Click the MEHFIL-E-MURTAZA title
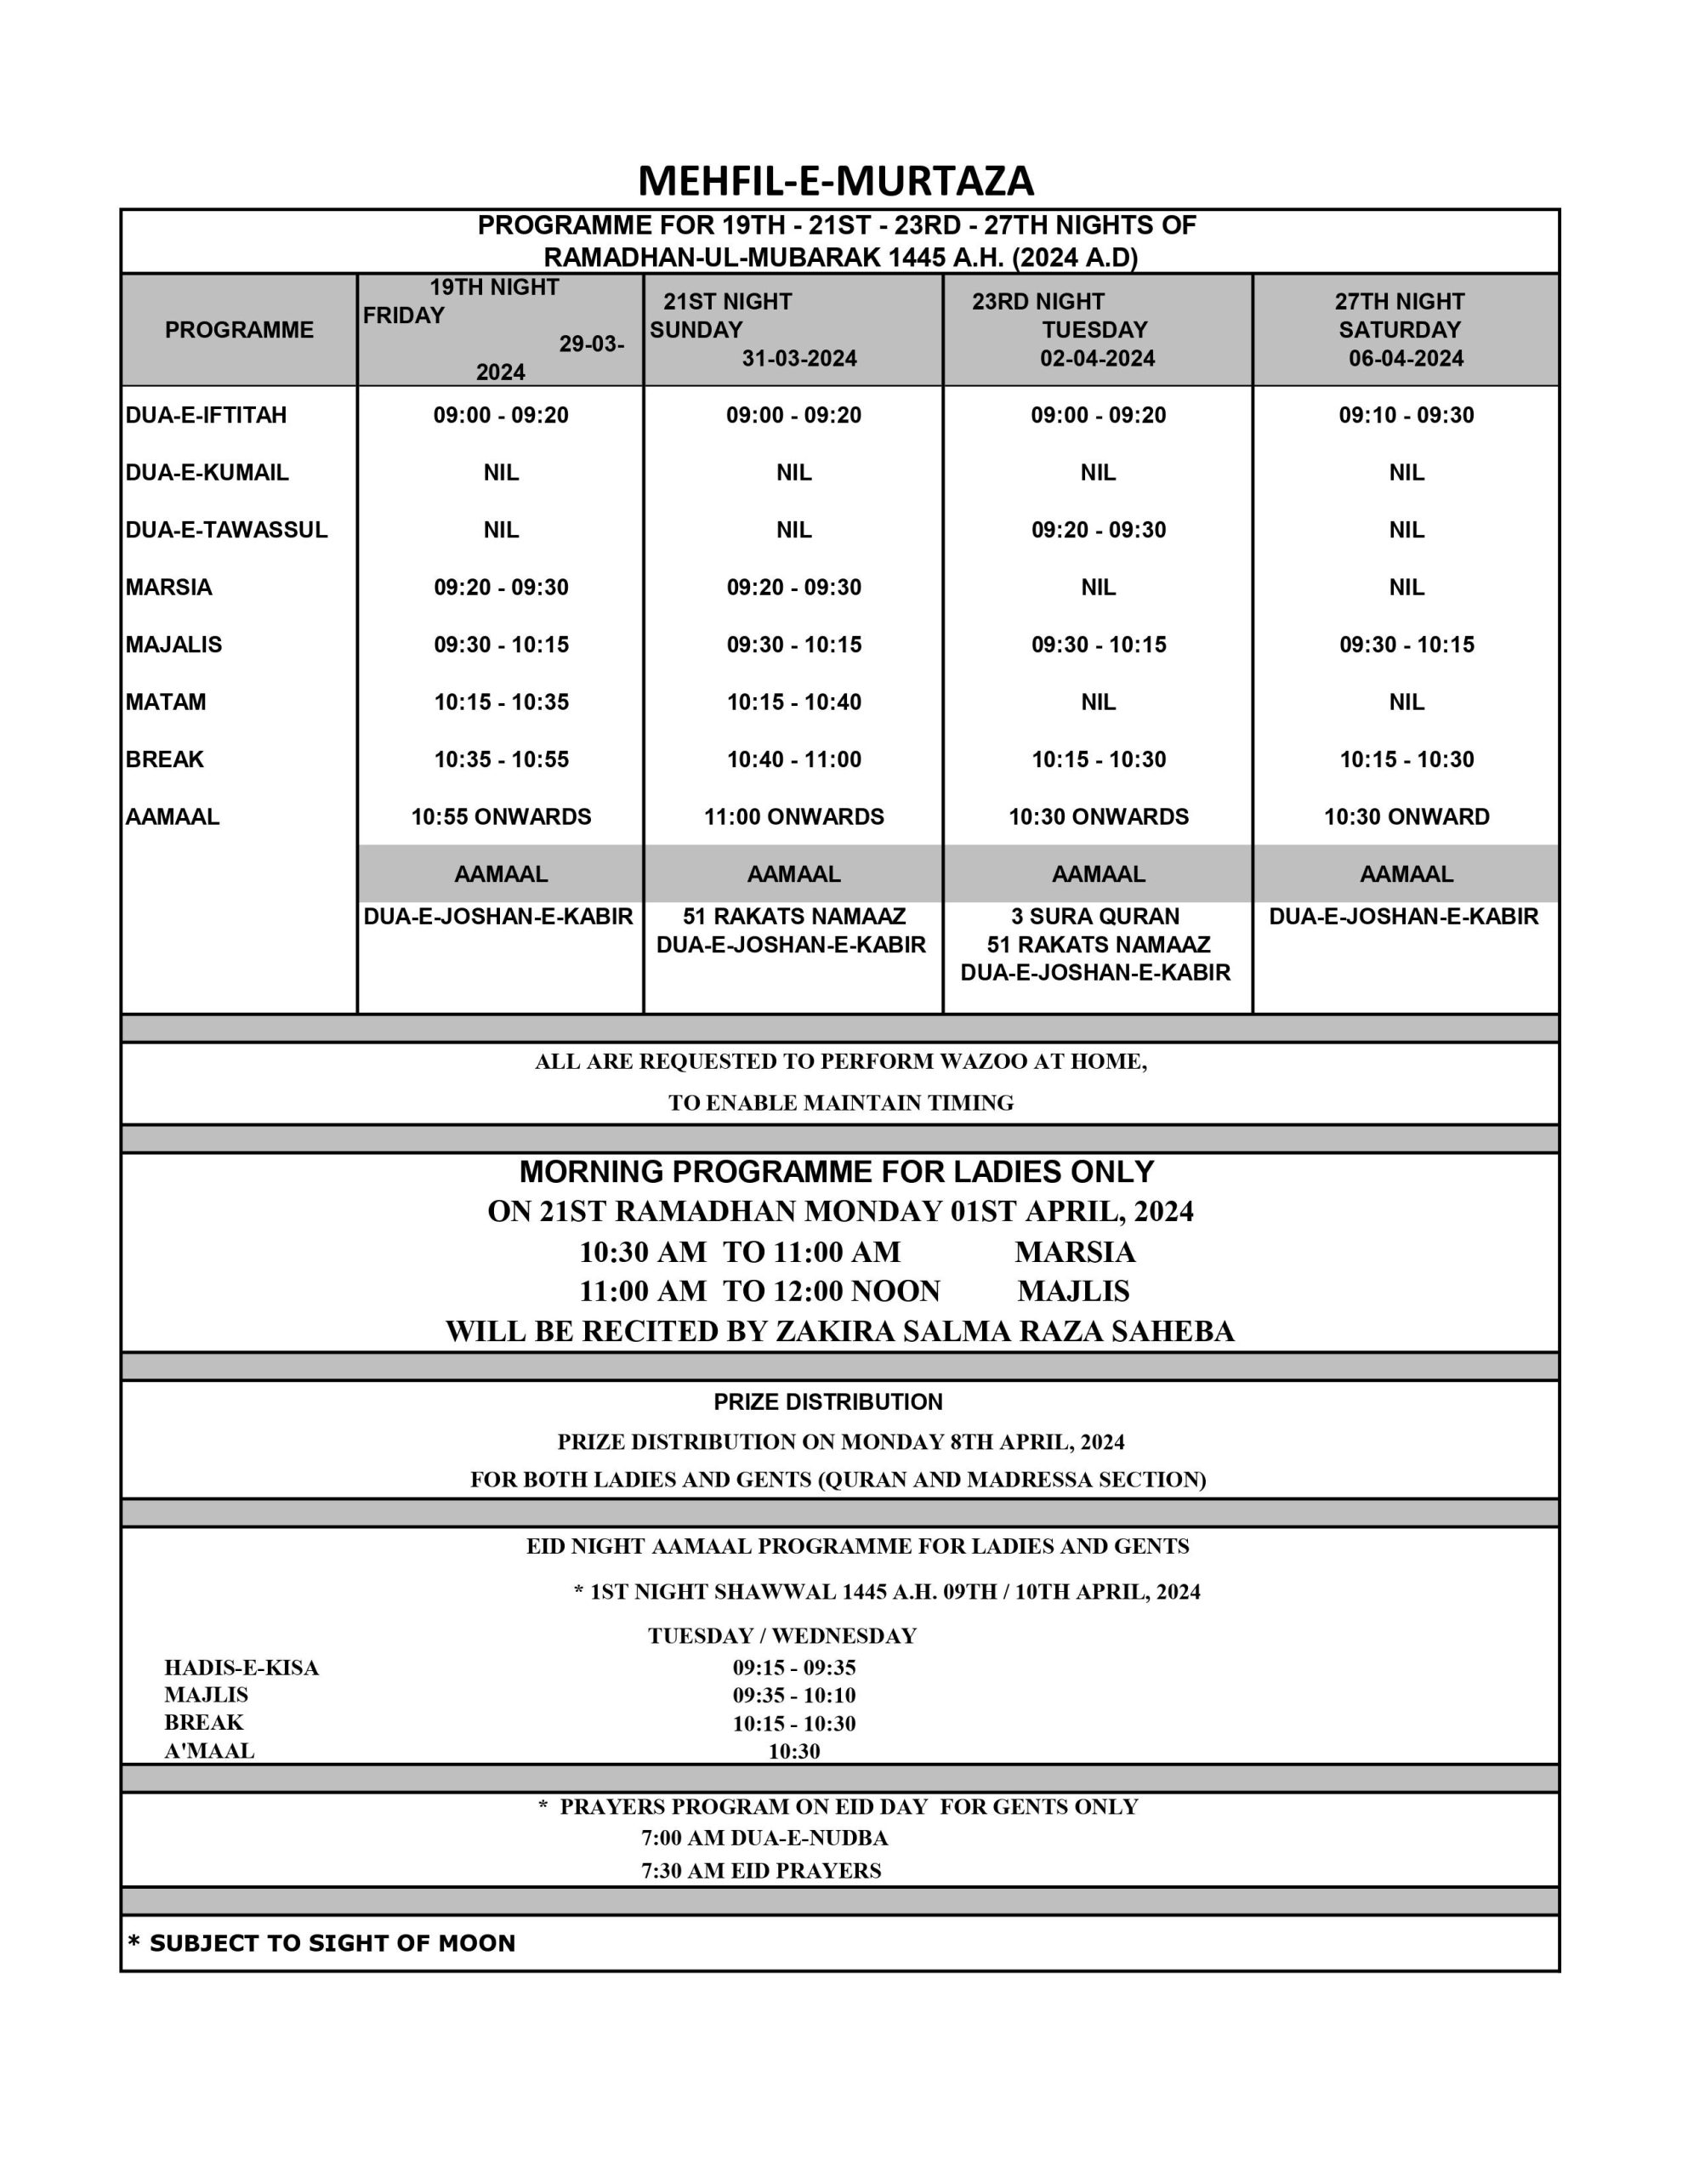[x=836, y=180]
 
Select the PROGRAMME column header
[x=239, y=330]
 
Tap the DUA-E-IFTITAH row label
[x=207, y=415]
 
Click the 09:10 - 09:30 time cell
[x=1406, y=415]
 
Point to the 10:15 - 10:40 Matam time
[x=793, y=702]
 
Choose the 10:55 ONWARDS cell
[x=501, y=816]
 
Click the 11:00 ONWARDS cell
[x=793, y=816]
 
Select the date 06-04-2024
[x=1406, y=358]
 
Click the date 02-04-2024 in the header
[x=1097, y=358]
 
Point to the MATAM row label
[x=166, y=702]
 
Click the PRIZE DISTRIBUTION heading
[x=827, y=1401]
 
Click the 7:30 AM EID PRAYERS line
[x=761, y=1871]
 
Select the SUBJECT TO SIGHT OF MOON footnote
[x=322, y=1943]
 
